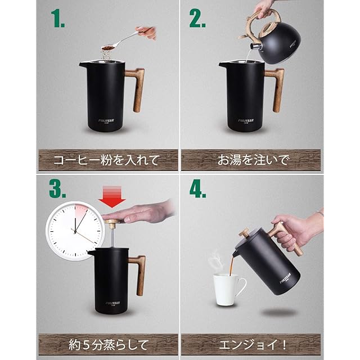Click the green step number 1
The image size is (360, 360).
click(x=57, y=19)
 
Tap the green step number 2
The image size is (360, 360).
click(x=197, y=19)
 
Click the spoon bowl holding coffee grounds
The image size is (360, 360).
click(x=109, y=48)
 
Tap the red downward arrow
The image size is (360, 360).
click(x=112, y=196)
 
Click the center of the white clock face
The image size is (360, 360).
click(x=75, y=231)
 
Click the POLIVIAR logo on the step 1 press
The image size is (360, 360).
click(x=106, y=121)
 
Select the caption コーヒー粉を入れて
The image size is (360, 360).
click(x=106, y=160)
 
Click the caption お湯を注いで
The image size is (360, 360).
click(x=253, y=160)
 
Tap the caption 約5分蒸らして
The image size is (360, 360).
click(x=109, y=345)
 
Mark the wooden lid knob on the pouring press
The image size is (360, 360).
click(x=244, y=232)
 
